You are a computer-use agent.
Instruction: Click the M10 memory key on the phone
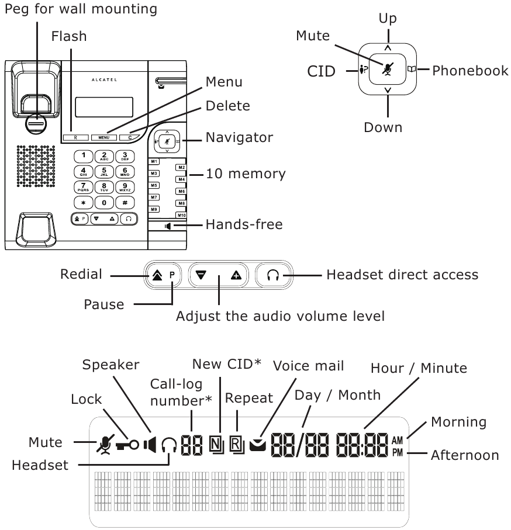(181, 215)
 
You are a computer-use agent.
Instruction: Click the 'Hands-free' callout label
(244, 224)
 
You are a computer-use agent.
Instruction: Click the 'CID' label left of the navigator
(322, 71)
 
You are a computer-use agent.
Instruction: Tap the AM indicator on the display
(398, 440)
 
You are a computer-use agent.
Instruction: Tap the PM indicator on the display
(398, 452)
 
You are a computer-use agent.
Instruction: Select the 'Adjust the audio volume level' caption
(281, 317)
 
